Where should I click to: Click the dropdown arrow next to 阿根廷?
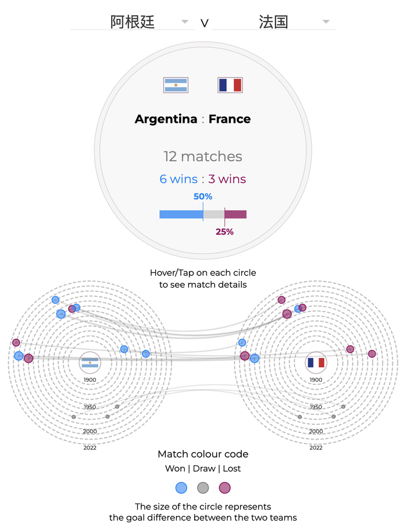click(x=185, y=22)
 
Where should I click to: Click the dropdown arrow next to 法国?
click(x=326, y=22)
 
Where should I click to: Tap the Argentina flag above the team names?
click(x=176, y=85)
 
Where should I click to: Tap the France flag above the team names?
click(x=230, y=85)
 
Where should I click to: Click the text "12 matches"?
click(x=203, y=156)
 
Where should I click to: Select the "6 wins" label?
click(x=178, y=179)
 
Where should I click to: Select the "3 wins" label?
click(x=227, y=179)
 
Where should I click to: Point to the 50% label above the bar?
click(x=203, y=196)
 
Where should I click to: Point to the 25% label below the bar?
click(x=224, y=232)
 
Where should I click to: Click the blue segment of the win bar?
click(x=181, y=214)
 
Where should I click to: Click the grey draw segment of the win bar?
click(x=214, y=214)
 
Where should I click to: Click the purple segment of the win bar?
click(x=235, y=214)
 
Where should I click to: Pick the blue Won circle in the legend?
click(x=181, y=488)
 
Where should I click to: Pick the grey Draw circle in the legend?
click(x=203, y=488)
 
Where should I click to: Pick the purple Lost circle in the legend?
click(x=224, y=488)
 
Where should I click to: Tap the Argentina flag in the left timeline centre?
click(x=90, y=362)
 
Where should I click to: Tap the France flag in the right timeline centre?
click(x=316, y=362)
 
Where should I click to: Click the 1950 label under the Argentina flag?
click(x=90, y=407)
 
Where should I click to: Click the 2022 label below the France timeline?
click(x=316, y=448)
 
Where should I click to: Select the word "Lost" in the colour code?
click(x=232, y=469)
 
